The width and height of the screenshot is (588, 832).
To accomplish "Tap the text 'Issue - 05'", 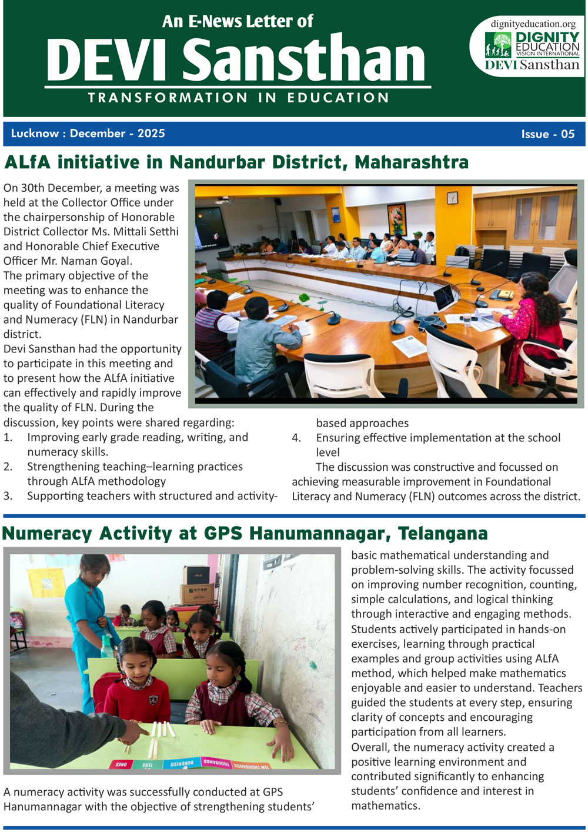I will tap(547, 134).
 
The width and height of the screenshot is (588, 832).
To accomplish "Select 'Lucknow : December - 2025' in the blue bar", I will tap(88, 134).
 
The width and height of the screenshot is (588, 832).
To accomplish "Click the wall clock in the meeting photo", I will tap(452, 198).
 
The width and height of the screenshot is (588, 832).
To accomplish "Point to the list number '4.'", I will tap(297, 438).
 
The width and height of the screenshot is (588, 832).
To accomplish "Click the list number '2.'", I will tap(8, 467).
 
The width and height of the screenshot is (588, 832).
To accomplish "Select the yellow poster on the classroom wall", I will tap(46, 582).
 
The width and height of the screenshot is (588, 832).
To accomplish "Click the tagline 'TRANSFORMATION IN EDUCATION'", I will tap(238, 98).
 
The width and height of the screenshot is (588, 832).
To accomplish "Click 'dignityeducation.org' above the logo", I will tap(533, 24).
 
